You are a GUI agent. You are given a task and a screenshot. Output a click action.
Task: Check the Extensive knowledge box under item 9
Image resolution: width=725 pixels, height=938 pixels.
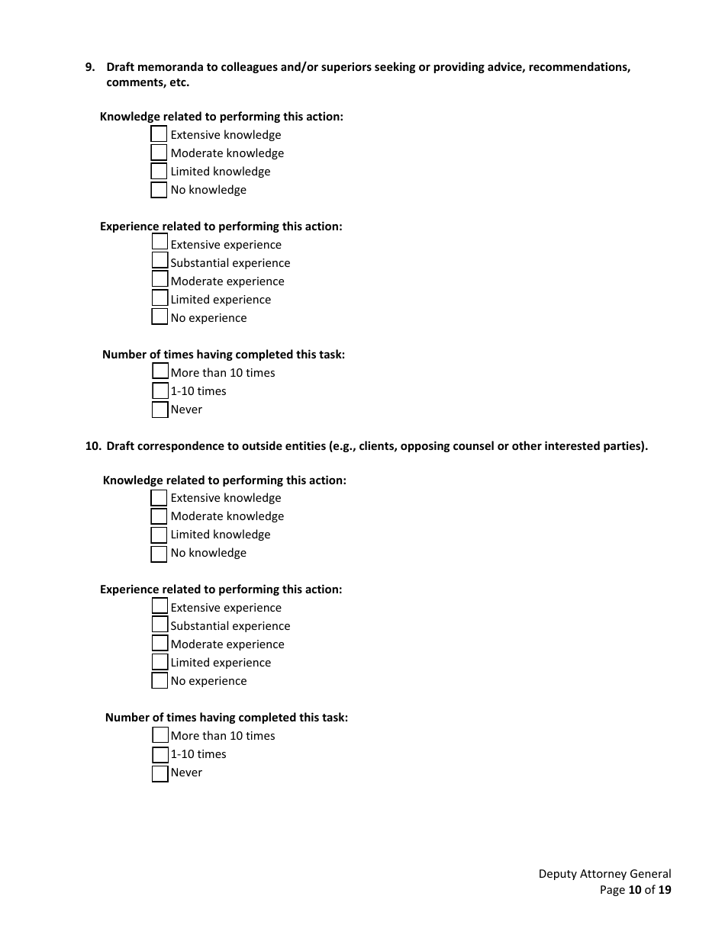pyautogui.click(x=159, y=134)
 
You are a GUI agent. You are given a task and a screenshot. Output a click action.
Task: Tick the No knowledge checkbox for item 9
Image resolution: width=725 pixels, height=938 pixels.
pyautogui.click(x=159, y=190)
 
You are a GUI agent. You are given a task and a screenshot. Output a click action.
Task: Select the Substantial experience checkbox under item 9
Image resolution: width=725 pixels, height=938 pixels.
pyautogui.click(x=159, y=261)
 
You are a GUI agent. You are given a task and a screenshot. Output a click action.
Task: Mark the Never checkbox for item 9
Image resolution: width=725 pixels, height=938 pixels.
pyautogui.click(x=159, y=410)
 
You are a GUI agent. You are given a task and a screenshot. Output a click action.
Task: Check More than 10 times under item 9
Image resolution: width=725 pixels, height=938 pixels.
pyautogui.click(x=160, y=371)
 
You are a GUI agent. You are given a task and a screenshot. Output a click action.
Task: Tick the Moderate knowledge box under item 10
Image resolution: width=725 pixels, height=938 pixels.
pyautogui.click(x=159, y=516)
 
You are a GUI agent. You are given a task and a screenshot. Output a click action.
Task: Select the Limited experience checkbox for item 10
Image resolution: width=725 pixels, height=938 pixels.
pyautogui.click(x=159, y=662)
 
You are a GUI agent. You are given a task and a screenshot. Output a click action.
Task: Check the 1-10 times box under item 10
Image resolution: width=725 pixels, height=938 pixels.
pyautogui.click(x=159, y=755)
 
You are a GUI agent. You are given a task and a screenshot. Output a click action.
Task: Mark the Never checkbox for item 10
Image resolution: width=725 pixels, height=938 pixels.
pyautogui.click(x=159, y=773)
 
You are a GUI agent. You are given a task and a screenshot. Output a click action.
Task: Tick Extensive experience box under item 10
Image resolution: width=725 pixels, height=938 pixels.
pyautogui.click(x=159, y=606)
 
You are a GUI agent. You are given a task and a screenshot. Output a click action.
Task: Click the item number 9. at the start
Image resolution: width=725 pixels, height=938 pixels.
pyautogui.click(x=90, y=67)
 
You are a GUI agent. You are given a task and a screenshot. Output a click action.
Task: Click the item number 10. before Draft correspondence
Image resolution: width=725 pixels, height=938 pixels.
pyautogui.click(x=92, y=446)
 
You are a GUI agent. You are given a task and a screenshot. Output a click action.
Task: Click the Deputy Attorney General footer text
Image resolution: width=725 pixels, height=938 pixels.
pyautogui.click(x=604, y=874)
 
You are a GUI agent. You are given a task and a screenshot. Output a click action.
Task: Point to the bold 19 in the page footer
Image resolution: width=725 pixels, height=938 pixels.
pyautogui.click(x=665, y=889)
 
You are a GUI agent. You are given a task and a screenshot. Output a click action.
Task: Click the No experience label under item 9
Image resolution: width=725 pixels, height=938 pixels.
pyautogui.click(x=208, y=318)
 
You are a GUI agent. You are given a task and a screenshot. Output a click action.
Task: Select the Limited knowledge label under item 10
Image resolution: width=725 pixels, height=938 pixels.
pyautogui.click(x=220, y=535)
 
